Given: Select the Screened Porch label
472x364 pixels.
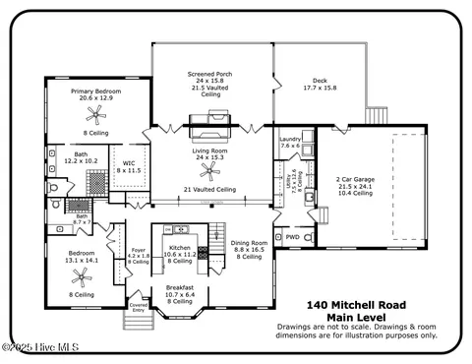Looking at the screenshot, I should pyautogui.click(x=210, y=74).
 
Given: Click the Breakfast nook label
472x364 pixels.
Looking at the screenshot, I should pyautogui.click(x=179, y=289).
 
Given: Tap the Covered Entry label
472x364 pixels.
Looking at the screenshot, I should pyautogui.click(x=139, y=308).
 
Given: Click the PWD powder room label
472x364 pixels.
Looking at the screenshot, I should pyautogui.click(x=292, y=237).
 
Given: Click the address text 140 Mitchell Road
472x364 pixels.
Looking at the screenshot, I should pyautogui.click(x=353, y=305).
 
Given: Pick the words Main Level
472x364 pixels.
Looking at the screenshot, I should pyautogui.click(x=353, y=317).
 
